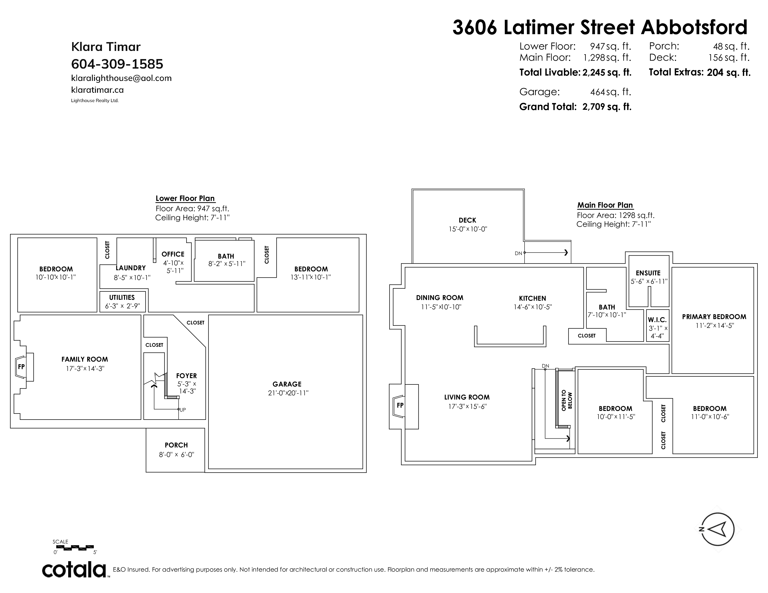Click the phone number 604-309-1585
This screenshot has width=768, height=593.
tap(117, 64)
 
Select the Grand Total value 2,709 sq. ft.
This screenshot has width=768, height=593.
tap(607, 107)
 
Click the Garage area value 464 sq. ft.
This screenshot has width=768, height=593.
tap(610, 92)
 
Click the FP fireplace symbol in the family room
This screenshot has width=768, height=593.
tap(21, 367)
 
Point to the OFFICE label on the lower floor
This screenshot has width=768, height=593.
tap(173, 254)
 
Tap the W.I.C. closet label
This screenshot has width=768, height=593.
tap(657, 320)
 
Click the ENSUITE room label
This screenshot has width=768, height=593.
tap(648, 273)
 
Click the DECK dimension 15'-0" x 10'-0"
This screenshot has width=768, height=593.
tap(468, 229)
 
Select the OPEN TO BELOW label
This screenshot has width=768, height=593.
tap(567, 400)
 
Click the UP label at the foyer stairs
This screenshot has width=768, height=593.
tap(183, 410)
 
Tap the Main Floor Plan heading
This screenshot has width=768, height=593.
tap(605, 205)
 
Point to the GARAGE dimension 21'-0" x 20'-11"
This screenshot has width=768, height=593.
tap(288, 393)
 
